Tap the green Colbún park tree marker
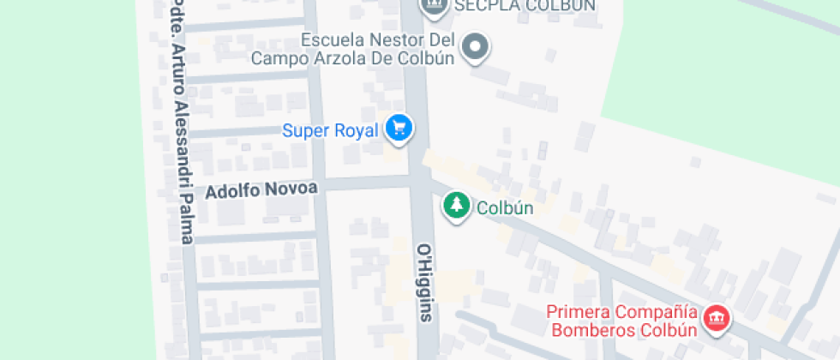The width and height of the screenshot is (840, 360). tap(457, 205)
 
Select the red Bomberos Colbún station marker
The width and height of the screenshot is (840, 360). tap(716, 320)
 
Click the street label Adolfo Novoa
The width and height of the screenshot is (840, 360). tap(261, 189)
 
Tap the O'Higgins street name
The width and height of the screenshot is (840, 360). tap(427, 282)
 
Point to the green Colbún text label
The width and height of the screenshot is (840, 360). tap(505, 207)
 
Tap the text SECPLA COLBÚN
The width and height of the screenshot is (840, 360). tap(525, 5)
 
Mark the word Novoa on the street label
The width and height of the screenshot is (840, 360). tap(293, 189)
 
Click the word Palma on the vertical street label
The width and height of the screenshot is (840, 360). tap(184, 222)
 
